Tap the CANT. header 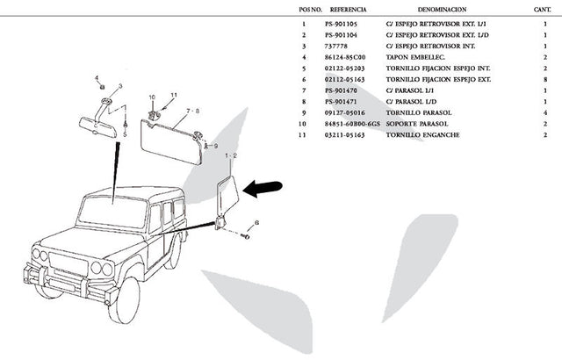point(543,9)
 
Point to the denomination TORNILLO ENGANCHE point(418,135)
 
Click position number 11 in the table point(303,135)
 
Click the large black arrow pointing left point(264,186)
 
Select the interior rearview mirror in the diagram point(99,126)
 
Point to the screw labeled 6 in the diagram point(245,235)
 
